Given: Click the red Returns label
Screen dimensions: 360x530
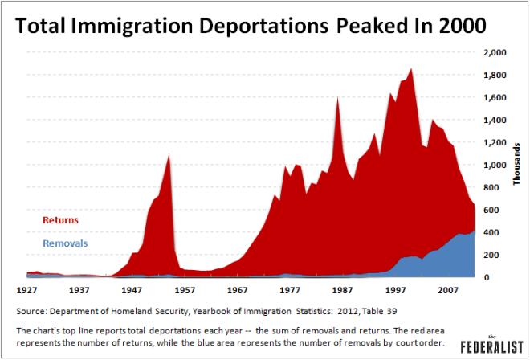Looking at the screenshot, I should [x=61, y=219].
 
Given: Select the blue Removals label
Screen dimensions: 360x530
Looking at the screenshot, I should [x=66, y=243].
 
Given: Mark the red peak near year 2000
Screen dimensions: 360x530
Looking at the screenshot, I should [x=411, y=69].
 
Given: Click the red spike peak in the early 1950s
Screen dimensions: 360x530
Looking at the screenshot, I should [x=169, y=153].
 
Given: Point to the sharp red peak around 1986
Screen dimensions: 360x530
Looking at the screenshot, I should [x=337, y=98].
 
